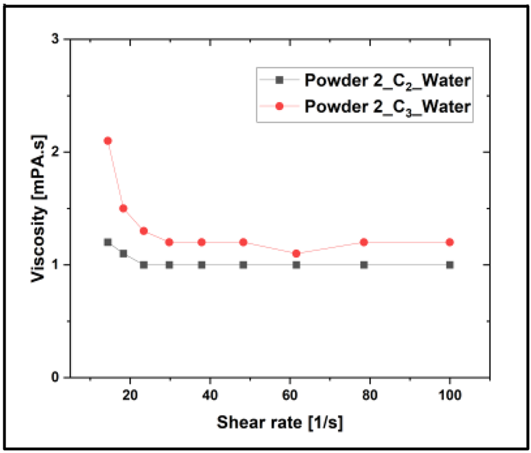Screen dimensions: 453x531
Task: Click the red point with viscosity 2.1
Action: click(108, 141)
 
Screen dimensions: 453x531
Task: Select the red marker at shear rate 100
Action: click(450, 242)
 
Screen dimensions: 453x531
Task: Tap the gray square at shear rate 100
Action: click(450, 265)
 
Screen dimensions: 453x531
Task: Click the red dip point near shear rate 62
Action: click(296, 253)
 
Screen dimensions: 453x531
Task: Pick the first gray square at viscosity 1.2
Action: click(108, 242)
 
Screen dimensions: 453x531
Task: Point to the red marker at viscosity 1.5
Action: click(123, 208)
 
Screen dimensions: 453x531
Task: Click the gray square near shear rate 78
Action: click(364, 265)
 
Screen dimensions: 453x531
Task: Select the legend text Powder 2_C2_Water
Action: click(387, 81)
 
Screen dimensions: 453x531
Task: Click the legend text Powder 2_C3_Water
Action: click(387, 107)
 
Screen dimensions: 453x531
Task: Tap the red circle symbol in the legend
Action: click(279, 107)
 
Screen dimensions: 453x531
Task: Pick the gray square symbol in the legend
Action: click(279, 81)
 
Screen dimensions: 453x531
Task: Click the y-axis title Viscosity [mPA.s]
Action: click(39, 208)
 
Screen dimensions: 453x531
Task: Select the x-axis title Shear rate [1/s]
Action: click(280, 422)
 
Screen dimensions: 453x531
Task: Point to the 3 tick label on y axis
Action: click(55, 39)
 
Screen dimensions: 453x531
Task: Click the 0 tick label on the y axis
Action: click(55, 377)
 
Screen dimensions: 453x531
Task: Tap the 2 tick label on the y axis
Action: click(55, 152)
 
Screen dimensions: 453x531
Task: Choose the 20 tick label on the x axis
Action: click(130, 394)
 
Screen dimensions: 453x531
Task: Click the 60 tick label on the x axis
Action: click(289, 394)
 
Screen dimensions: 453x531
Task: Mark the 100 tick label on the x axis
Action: click(450, 394)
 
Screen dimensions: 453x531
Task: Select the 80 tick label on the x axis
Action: click(369, 394)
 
